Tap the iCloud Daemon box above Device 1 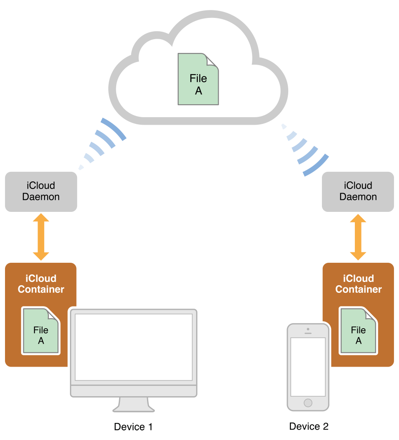click(x=41, y=191)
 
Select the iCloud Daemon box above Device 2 click(x=358, y=191)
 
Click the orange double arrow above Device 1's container click(x=41, y=237)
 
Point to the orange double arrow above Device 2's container click(x=358, y=237)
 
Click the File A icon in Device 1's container click(x=41, y=331)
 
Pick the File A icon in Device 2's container click(x=358, y=331)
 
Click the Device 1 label click(x=133, y=427)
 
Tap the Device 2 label click(x=309, y=426)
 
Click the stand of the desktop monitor click(x=133, y=404)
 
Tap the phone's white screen click(x=308, y=367)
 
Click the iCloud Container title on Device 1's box click(x=41, y=284)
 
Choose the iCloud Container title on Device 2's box click(x=358, y=284)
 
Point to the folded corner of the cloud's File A click(x=212, y=60)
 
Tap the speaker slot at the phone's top click(x=308, y=333)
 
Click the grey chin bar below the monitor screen click(x=133, y=391)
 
